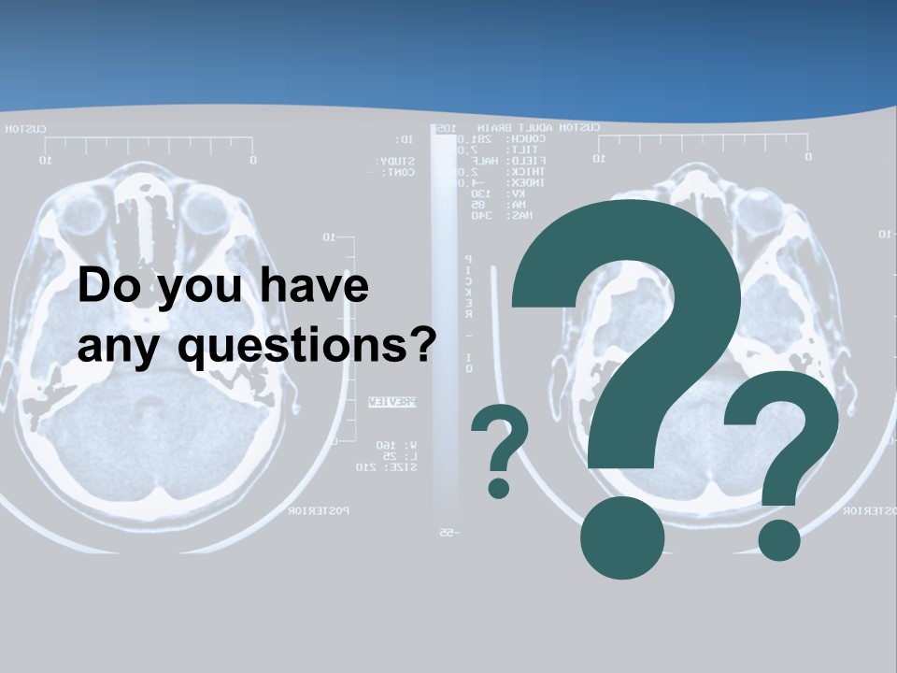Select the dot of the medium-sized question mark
pyautogui.click(x=778, y=539)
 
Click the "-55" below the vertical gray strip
pyautogui.click(x=447, y=533)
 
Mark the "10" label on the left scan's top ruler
pyautogui.click(x=45, y=161)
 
